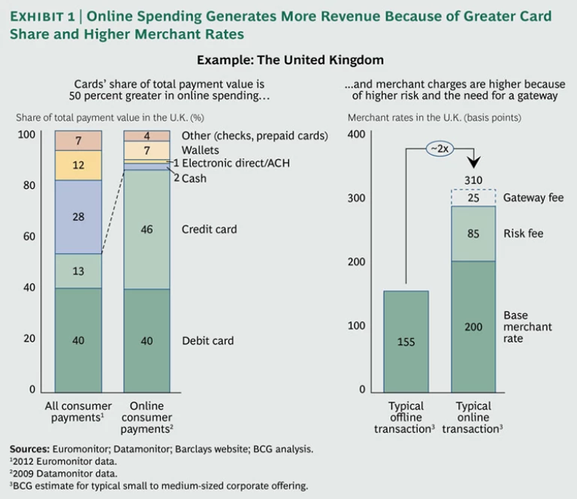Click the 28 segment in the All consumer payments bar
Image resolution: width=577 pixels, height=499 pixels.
coord(78,217)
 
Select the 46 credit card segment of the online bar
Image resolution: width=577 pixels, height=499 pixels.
coord(147,229)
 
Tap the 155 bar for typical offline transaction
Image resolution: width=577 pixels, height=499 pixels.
coord(406,341)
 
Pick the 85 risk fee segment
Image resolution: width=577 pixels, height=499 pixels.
coord(473,233)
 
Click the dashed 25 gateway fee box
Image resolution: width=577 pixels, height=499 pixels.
coord(473,197)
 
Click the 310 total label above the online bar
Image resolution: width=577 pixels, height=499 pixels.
coord(473,180)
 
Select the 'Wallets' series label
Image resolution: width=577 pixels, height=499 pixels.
coord(201,150)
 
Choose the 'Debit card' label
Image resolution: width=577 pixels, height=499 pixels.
coord(207,341)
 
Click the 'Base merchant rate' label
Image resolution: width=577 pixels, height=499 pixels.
coord(527,327)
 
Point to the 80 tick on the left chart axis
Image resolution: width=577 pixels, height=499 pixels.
coord(30,185)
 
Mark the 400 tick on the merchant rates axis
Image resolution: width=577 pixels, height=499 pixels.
coord(356,134)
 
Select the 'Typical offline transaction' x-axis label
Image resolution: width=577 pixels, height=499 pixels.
coord(406,417)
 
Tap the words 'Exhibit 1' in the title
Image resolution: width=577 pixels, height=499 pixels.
coord(45,17)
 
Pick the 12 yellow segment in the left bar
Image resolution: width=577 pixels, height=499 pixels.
coord(78,165)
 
